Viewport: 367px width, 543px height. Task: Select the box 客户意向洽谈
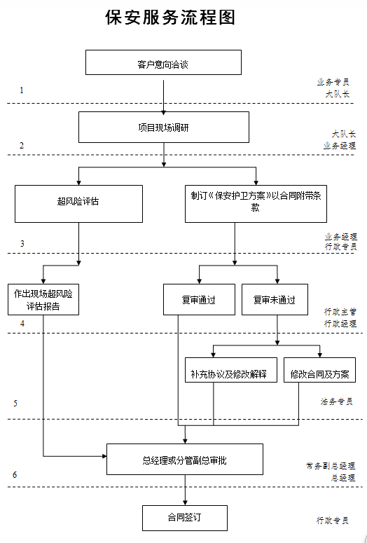[163, 62]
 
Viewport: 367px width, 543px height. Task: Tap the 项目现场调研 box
[163, 128]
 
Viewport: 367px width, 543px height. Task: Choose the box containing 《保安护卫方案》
[256, 203]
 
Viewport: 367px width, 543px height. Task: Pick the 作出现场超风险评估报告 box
[43, 299]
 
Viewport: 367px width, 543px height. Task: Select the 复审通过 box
[198, 299]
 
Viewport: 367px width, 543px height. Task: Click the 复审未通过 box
[274, 299]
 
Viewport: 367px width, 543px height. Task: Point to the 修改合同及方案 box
[323, 373]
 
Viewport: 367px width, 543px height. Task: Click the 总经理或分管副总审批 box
[185, 460]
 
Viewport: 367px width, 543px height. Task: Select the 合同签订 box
[185, 518]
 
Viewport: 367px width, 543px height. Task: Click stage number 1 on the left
[22, 90]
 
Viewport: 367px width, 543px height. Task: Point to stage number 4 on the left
[22, 324]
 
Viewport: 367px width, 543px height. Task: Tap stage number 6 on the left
[15, 475]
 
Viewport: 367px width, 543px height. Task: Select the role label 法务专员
[336, 402]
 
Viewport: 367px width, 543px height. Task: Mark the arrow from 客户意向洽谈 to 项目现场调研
[163, 95]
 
